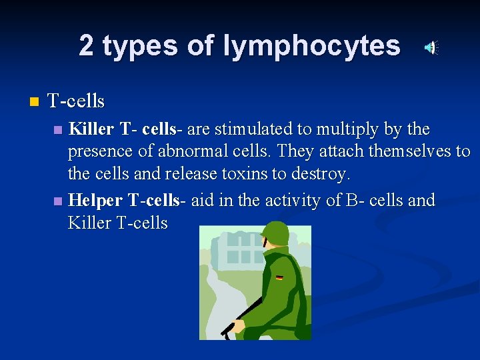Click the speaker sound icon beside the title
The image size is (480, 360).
click(432, 47)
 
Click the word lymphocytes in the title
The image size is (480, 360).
click(312, 46)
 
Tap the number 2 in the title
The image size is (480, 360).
click(86, 46)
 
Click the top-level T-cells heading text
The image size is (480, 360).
click(76, 101)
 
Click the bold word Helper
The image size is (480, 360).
click(95, 200)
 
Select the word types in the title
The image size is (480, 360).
click(140, 46)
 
